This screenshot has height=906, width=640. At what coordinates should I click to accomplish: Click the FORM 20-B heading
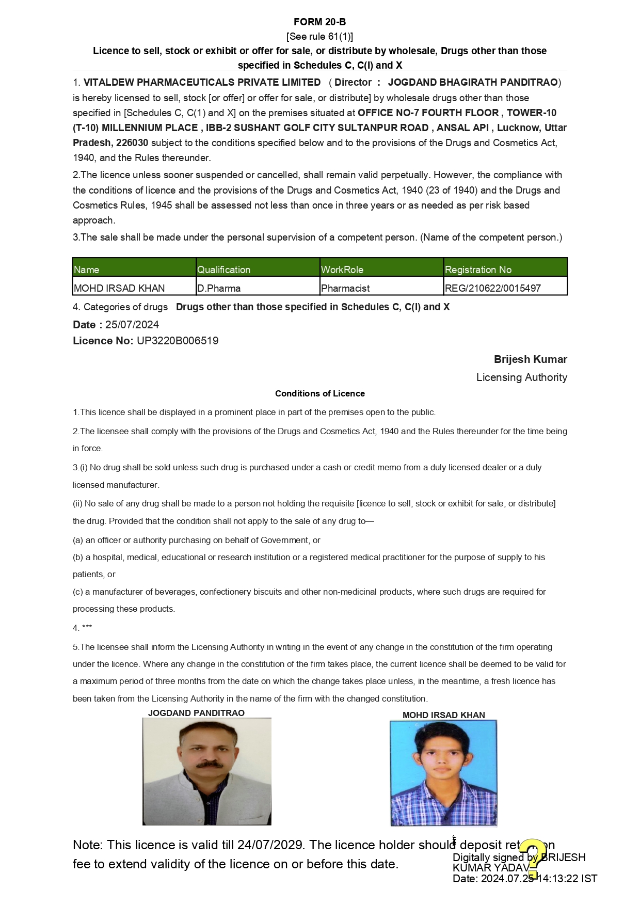pyautogui.click(x=319, y=22)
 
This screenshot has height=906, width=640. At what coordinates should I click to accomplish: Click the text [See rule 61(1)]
pyautogui.click(x=319, y=36)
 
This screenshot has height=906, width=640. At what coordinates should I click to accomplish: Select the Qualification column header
pyautogui.click(x=223, y=269)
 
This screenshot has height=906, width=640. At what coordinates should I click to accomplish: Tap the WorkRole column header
pyautogui.click(x=342, y=269)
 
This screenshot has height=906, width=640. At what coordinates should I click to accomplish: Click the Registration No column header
pyautogui.click(x=478, y=269)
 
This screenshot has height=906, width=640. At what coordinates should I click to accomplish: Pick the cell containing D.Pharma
pyautogui.click(x=219, y=288)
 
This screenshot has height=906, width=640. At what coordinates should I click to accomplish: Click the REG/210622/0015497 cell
pyautogui.click(x=492, y=288)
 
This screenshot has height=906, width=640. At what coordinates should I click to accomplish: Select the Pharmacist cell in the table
pyautogui.click(x=345, y=288)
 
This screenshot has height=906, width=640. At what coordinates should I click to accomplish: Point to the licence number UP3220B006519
pyautogui.click(x=178, y=341)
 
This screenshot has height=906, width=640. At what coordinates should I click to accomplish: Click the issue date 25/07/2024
pyautogui.click(x=132, y=325)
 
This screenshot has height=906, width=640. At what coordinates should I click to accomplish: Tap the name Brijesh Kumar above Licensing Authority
pyautogui.click(x=530, y=359)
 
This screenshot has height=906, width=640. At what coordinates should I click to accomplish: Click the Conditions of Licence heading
pyautogui.click(x=319, y=393)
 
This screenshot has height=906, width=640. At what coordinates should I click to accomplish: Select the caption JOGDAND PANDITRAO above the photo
pyautogui.click(x=196, y=713)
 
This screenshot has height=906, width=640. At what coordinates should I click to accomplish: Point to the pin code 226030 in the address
pyautogui.click(x=132, y=142)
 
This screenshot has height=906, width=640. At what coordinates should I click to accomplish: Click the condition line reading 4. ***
pyautogui.click(x=83, y=628)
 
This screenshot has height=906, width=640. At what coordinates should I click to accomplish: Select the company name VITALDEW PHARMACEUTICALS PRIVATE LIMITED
pyautogui.click(x=202, y=83)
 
